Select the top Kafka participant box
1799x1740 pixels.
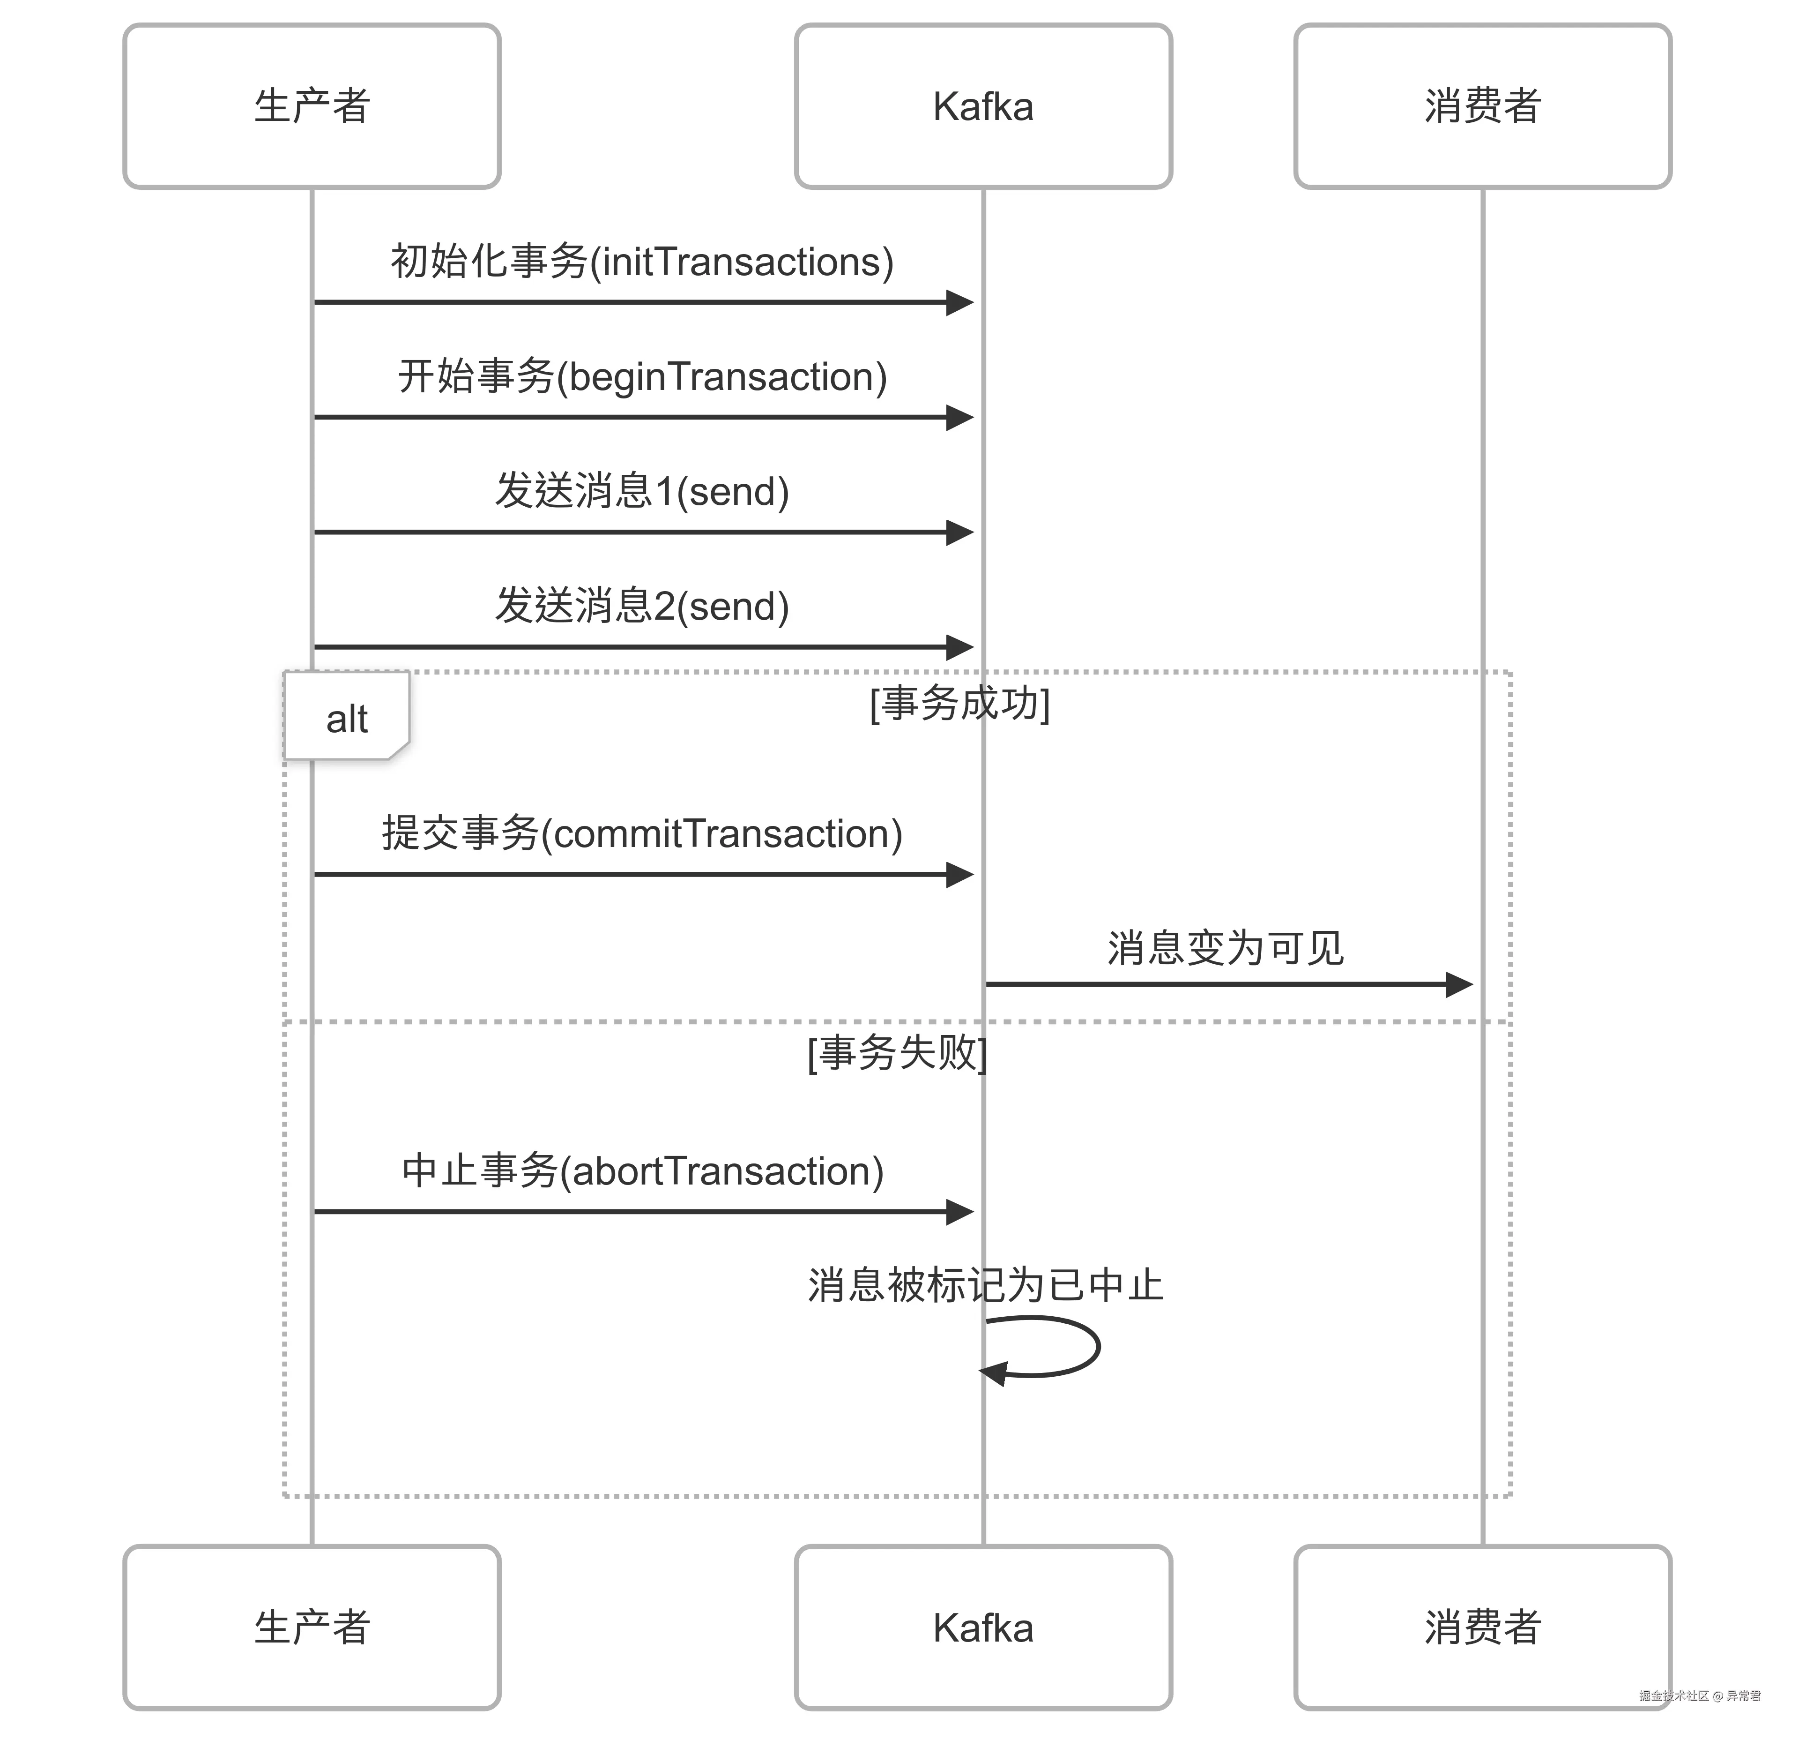click(983, 105)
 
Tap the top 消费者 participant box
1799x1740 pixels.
click(1482, 105)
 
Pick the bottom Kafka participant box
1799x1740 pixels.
click(983, 1627)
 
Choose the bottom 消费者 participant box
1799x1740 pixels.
click(1482, 1627)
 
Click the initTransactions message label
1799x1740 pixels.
click(641, 262)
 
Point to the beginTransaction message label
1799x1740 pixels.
click(641, 376)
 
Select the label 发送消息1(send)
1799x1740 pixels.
click(641, 491)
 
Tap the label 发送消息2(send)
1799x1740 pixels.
click(641, 606)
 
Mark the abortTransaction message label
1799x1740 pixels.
click(641, 1171)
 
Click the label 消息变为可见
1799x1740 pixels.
click(1226, 948)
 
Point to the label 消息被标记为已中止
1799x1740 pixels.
click(985, 1284)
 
